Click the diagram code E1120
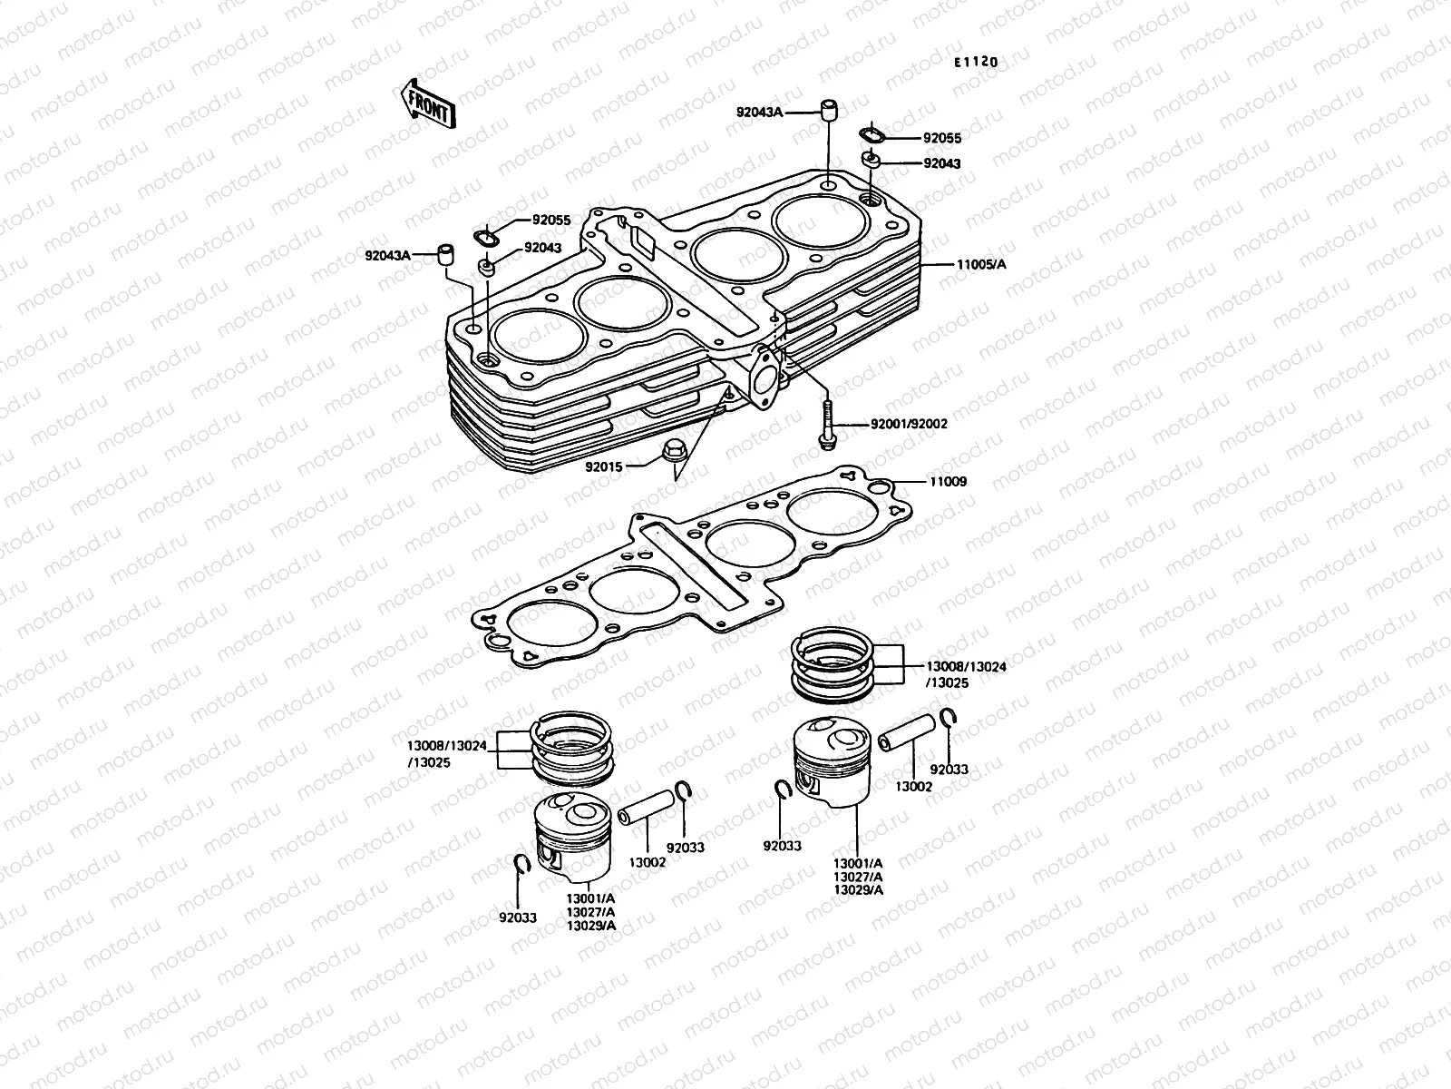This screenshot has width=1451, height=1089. pos(975,63)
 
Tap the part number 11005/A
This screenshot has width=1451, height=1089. pos(981,264)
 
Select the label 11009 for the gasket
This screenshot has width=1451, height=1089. pos(947,482)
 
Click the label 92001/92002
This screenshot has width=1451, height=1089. pos(908,424)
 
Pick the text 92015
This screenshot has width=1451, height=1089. pos(602,466)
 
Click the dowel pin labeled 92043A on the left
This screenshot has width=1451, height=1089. pos(445,254)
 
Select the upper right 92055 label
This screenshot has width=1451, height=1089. pos(942,139)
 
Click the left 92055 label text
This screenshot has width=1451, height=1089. pos(550,220)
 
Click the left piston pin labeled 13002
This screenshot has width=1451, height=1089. pos(648,807)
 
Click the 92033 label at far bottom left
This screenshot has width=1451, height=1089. pos(517,917)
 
